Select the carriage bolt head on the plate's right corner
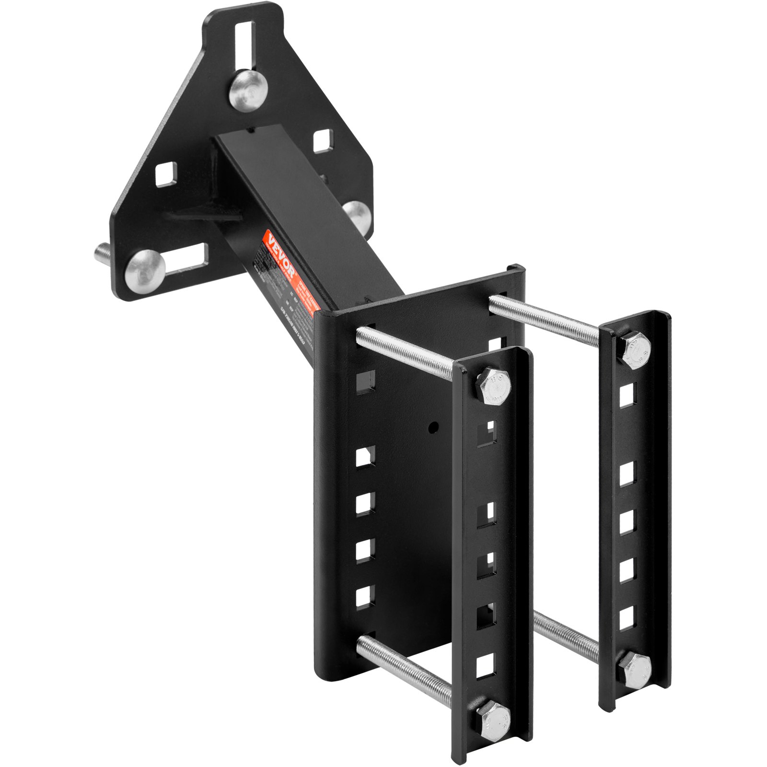point(358,214)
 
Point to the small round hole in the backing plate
point(433,426)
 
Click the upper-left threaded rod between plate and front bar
point(405,352)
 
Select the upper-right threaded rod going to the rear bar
point(544,319)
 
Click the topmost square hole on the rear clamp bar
point(627,394)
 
